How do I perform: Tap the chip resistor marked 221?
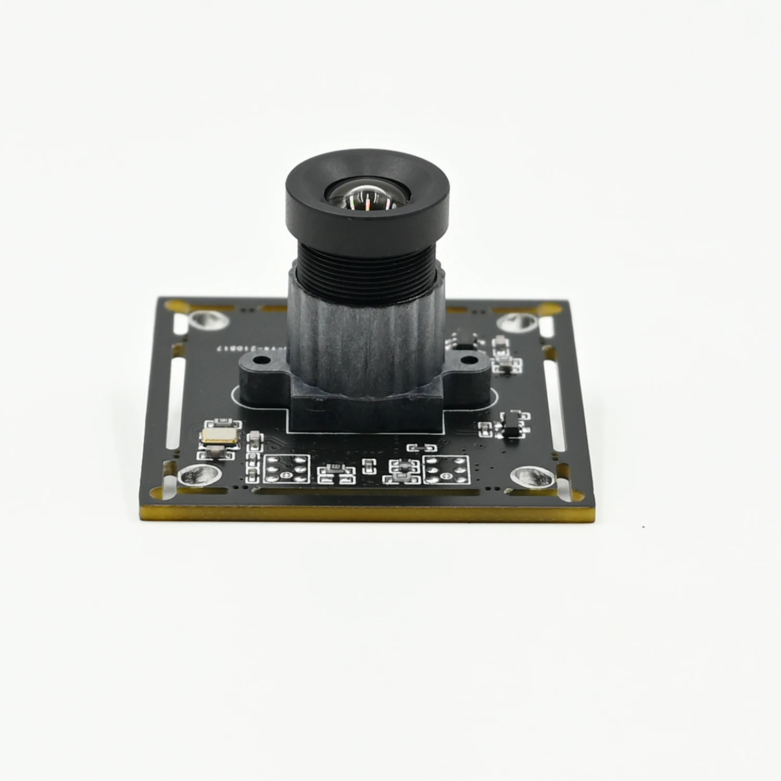336,467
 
